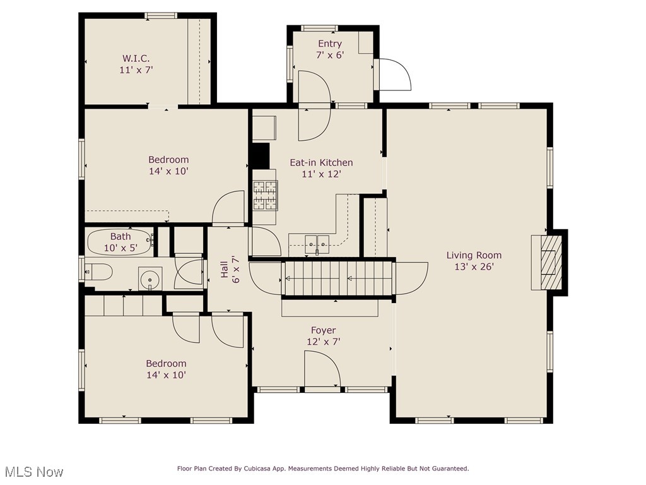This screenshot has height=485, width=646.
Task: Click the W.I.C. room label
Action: click(x=136, y=58)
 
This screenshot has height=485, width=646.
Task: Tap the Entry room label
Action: click(x=329, y=44)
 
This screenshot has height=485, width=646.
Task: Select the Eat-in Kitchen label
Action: click(x=321, y=162)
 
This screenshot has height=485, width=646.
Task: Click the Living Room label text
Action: click(x=474, y=255)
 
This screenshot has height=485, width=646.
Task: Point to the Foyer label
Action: click(x=323, y=330)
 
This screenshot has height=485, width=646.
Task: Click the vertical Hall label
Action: click(x=225, y=270)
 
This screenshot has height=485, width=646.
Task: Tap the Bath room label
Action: click(x=120, y=236)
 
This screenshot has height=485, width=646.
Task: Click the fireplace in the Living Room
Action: click(x=546, y=262)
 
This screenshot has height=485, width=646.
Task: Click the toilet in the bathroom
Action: click(x=98, y=272)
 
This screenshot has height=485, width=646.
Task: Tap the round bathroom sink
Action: click(x=150, y=278)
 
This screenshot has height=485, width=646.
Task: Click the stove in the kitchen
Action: click(x=265, y=195)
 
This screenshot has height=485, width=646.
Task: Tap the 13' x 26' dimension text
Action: click(x=474, y=267)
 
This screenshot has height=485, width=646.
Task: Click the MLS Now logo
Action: click(x=33, y=472)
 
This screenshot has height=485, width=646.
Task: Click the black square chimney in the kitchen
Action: click(x=260, y=156)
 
